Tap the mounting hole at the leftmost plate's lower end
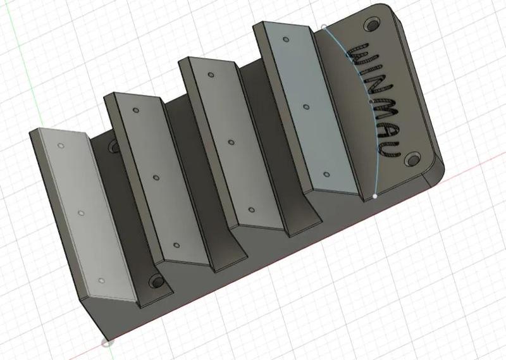pos(155,282)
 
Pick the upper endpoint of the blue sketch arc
pos(324,27)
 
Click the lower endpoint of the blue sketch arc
pos(376,196)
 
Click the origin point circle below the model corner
pos(106,343)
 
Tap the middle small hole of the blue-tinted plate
pos(305,108)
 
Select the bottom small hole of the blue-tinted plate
pos(326,174)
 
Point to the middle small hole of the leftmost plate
pos(81,213)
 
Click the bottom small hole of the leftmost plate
pos(101,280)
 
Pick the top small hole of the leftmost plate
pos(61,146)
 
